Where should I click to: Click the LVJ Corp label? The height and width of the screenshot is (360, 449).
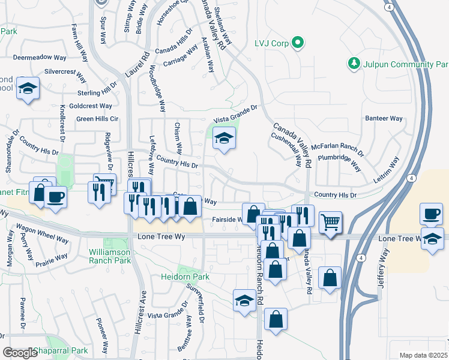click(x=270, y=43)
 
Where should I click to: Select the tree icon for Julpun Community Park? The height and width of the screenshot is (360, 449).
click(x=354, y=64)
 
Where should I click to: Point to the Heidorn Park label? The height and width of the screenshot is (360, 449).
click(x=185, y=277)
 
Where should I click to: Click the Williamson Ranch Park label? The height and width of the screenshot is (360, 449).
click(x=109, y=256)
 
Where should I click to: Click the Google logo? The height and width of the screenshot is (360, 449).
click(x=20, y=353)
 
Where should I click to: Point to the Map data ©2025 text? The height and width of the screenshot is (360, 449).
click(x=423, y=355)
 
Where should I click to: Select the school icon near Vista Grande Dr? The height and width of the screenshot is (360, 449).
click(x=224, y=139)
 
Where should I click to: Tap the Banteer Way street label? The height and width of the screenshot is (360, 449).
click(x=384, y=118)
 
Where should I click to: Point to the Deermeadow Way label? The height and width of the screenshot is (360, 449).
click(x=40, y=58)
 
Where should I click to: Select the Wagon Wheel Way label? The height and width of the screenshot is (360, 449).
click(x=42, y=234)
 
